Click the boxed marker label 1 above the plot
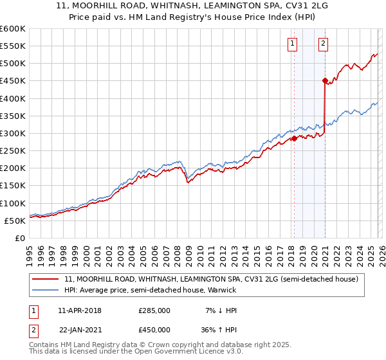coord(293,44)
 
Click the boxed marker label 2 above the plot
coord(323,44)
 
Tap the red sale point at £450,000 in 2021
coord(325,80)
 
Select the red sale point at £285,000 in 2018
coord(294,138)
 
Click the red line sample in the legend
coord(46,279)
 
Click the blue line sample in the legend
coord(46,291)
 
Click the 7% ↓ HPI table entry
coord(220,310)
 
